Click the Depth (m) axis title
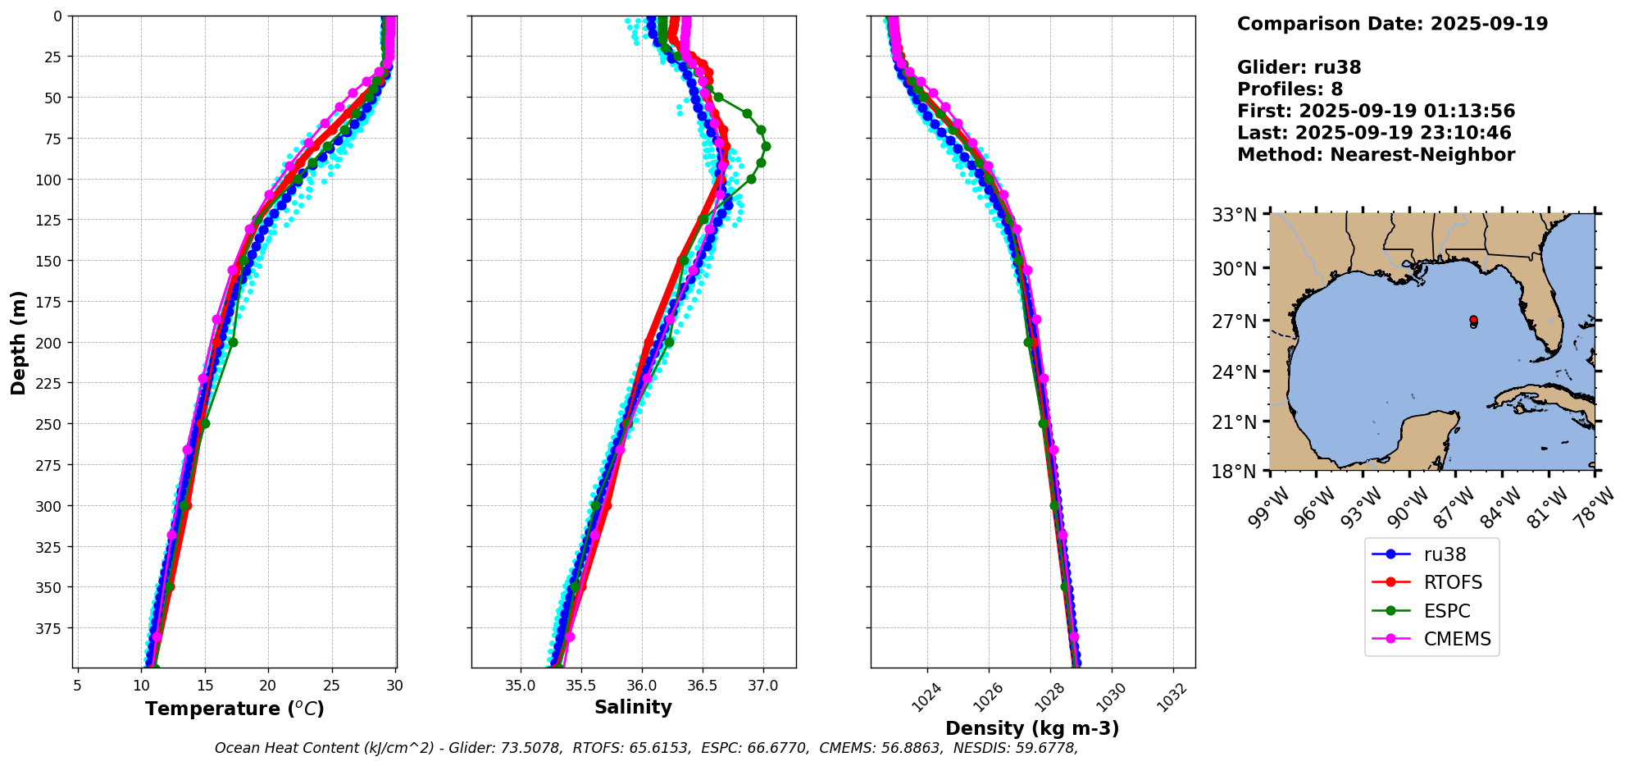pos(18,342)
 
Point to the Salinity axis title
pos(633,707)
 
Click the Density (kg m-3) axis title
pos(1032,728)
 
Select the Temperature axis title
pos(234,709)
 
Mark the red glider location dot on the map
pos(1473,320)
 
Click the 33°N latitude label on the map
pos(1234,216)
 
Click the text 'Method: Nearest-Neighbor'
pos(1376,155)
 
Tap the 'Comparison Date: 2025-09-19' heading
pos(1392,24)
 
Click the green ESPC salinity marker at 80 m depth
pos(766,147)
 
